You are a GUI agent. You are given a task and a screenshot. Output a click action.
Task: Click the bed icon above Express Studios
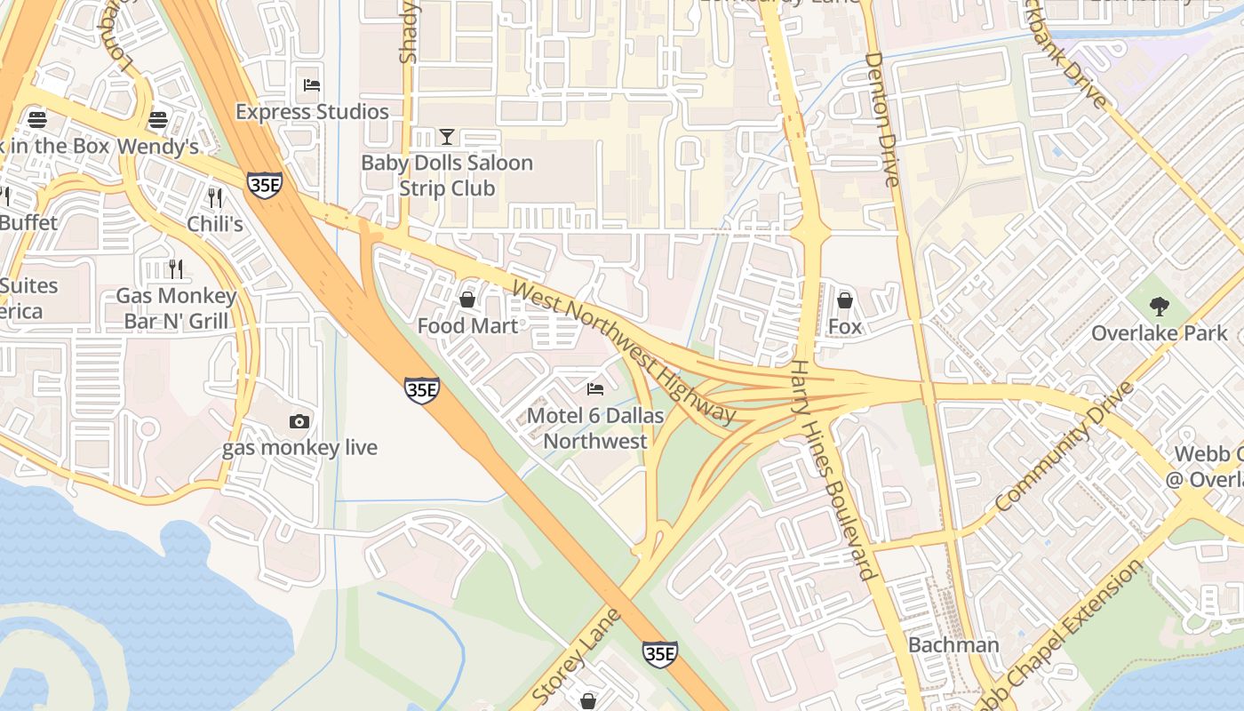point(312,85)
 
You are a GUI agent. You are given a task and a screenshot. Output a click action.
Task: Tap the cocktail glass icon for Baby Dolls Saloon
point(447,137)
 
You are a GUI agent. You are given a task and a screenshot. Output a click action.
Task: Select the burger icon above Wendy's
point(158,119)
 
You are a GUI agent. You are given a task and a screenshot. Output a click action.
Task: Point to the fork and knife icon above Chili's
point(214,196)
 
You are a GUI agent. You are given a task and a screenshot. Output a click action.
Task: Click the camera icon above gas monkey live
point(299,421)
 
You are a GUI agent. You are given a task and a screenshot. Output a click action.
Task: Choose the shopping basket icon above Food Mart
point(466,300)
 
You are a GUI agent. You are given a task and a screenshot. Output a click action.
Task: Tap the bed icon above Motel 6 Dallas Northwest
point(595,389)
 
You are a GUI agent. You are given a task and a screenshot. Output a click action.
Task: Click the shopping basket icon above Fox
point(844,300)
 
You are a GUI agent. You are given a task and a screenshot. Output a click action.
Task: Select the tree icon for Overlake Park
point(1159,307)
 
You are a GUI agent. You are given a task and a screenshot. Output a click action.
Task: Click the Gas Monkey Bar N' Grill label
point(176,308)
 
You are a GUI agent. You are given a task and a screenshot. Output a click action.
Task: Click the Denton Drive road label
point(882,119)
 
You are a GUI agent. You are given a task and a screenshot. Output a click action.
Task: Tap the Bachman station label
point(953,644)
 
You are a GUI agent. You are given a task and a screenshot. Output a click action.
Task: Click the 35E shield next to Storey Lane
point(659,654)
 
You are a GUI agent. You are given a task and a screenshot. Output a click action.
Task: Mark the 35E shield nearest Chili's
point(265,186)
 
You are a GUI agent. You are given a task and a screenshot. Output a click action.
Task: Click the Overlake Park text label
point(1159,333)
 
